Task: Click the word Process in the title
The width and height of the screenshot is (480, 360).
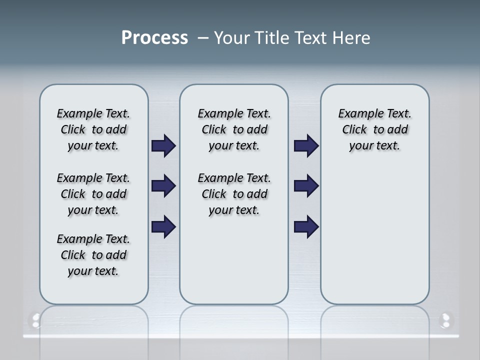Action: (154, 38)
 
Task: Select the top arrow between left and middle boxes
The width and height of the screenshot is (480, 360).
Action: (163, 146)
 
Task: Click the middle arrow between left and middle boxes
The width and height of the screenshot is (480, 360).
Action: (163, 186)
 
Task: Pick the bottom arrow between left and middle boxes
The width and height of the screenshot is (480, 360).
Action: (163, 226)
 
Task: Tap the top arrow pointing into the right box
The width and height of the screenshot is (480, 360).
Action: (306, 146)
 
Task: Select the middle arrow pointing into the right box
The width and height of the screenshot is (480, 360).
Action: (306, 186)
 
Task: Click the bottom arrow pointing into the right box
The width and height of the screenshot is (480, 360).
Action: (306, 226)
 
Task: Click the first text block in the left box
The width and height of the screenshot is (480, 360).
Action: (93, 129)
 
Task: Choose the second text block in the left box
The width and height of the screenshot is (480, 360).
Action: (93, 194)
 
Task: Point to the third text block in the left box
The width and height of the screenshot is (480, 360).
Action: (93, 255)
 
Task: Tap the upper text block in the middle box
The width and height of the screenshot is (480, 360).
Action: (234, 129)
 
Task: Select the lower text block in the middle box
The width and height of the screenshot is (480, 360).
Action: (234, 194)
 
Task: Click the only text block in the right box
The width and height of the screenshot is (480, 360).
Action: (374, 129)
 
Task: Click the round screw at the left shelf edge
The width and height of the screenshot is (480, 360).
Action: (35, 320)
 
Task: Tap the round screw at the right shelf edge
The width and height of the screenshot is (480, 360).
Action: (444, 320)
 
